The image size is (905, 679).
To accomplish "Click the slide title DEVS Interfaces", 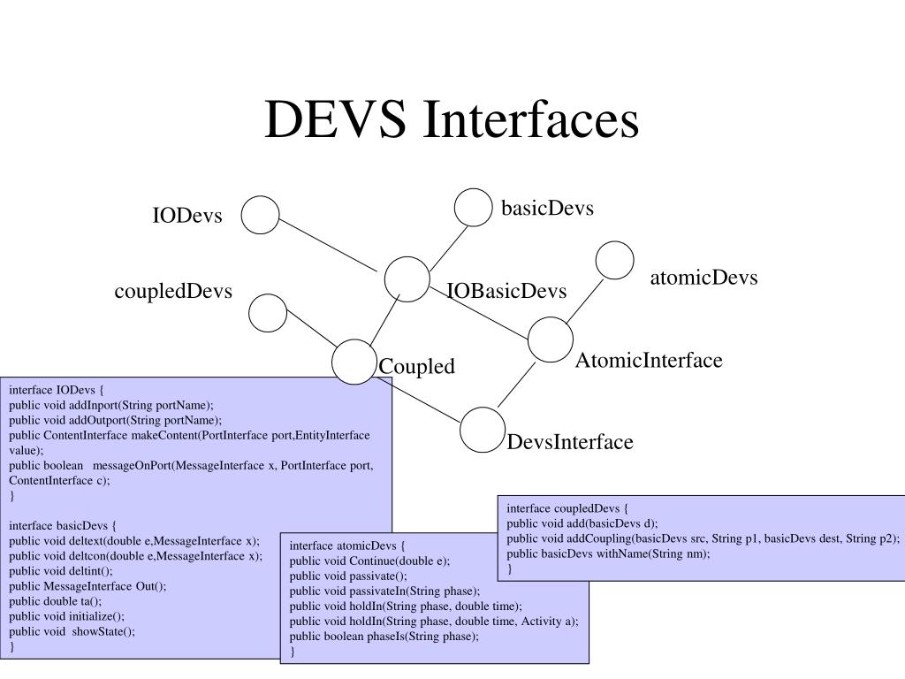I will (x=451, y=120).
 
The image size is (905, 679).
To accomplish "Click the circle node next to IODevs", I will (x=261, y=215).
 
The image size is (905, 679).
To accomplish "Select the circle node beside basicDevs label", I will (x=473, y=207).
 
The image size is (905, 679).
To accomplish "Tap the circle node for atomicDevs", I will (x=615, y=260).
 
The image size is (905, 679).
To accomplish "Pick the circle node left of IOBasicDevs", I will (x=407, y=278).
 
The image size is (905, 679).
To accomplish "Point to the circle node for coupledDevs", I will (x=268, y=312).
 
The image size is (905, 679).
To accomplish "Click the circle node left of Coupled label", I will (x=354, y=362).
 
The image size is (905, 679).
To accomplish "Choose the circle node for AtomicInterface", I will (x=550, y=339).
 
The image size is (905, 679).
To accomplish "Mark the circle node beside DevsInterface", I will (x=483, y=429).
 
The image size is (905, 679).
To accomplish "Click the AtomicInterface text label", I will (x=649, y=361).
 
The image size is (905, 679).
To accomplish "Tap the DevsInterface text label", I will (x=570, y=442).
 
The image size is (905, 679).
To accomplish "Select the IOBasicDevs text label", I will (x=506, y=292).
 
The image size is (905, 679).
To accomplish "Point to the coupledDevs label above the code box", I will (x=173, y=291).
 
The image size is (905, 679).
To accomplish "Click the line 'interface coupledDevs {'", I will (x=567, y=508).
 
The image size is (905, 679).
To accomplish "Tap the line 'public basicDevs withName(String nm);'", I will (x=609, y=553).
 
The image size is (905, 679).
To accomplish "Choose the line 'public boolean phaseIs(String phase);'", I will (x=384, y=636).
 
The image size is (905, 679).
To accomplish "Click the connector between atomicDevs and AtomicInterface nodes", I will (x=584, y=301).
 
